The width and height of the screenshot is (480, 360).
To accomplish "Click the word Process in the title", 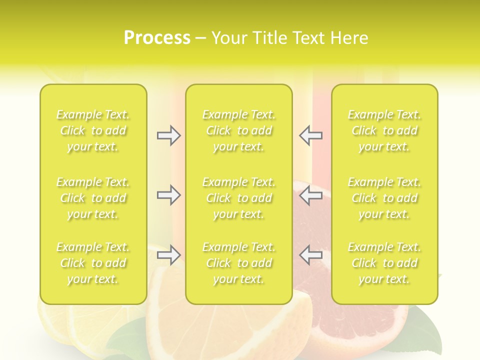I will (157, 38).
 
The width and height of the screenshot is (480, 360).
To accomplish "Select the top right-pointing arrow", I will (169, 135).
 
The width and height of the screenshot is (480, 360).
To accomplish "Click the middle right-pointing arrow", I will (169, 195).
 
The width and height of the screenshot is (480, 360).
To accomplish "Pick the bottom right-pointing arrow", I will (169, 255).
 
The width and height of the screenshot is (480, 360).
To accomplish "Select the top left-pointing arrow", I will (310, 135).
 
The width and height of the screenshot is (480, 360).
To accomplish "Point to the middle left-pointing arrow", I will (310, 195).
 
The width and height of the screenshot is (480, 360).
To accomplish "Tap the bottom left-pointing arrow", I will (310, 255).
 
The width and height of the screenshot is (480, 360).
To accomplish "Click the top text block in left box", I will (93, 130).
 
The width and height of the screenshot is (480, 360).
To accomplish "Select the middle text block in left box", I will (93, 198).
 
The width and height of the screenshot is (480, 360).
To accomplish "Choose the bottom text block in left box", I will (93, 263).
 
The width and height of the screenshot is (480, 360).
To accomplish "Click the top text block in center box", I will (238, 130).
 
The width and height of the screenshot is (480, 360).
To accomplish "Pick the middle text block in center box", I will (238, 198).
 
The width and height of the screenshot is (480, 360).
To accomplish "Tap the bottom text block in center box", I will (238, 263).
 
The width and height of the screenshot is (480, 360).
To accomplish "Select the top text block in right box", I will (384, 130).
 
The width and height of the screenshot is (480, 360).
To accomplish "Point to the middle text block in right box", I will (384, 198).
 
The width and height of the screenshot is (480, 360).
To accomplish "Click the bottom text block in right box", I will (384, 263).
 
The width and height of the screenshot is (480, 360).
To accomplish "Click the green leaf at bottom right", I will (425, 320).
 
